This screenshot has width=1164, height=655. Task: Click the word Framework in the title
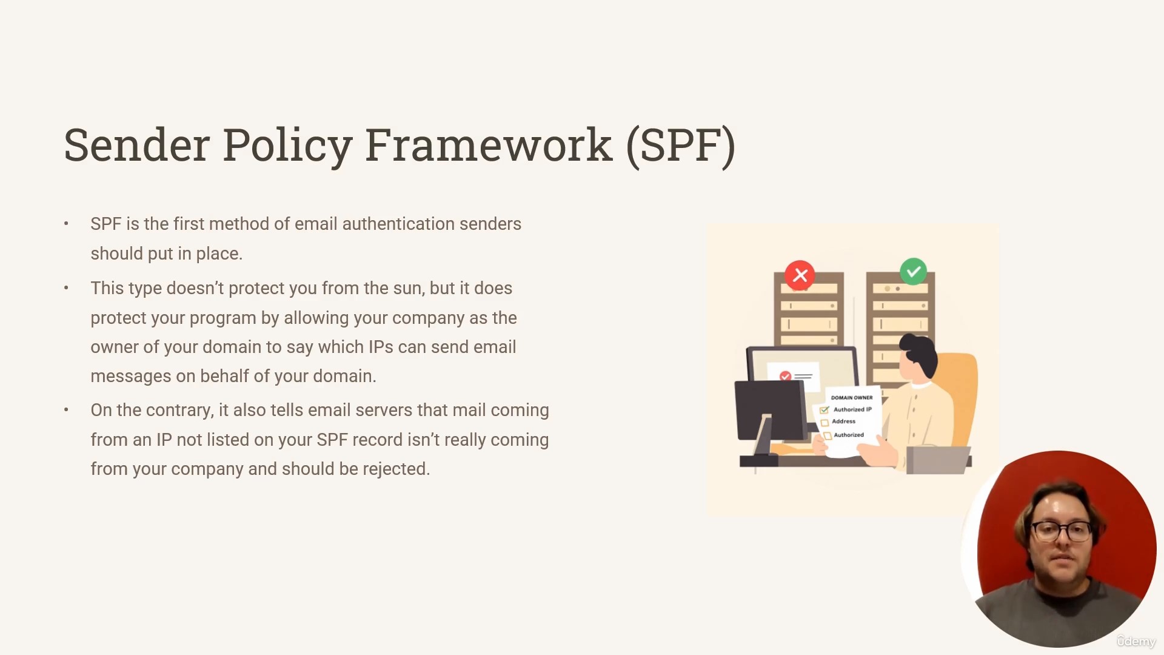[x=488, y=146]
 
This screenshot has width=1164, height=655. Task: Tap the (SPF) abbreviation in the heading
[x=681, y=146]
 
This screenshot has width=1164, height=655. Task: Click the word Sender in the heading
[x=136, y=146]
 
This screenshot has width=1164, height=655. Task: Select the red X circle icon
[x=800, y=275]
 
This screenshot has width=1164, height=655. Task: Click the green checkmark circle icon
[x=914, y=272]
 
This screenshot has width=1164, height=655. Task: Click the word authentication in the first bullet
[x=398, y=224]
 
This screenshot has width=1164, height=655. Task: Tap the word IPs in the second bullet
[x=381, y=347]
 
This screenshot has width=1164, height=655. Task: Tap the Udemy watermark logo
[x=1137, y=642]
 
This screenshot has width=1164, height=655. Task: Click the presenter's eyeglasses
[x=1062, y=532]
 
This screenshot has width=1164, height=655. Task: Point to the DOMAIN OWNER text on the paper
[x=852, y=398]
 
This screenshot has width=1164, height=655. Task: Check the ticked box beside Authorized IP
[x=824, y=411]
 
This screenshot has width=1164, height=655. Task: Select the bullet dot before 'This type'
[x=66, y=288]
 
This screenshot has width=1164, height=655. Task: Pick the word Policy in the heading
[x=287, y=146]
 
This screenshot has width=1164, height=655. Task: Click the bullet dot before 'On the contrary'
[x=66, y=410]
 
